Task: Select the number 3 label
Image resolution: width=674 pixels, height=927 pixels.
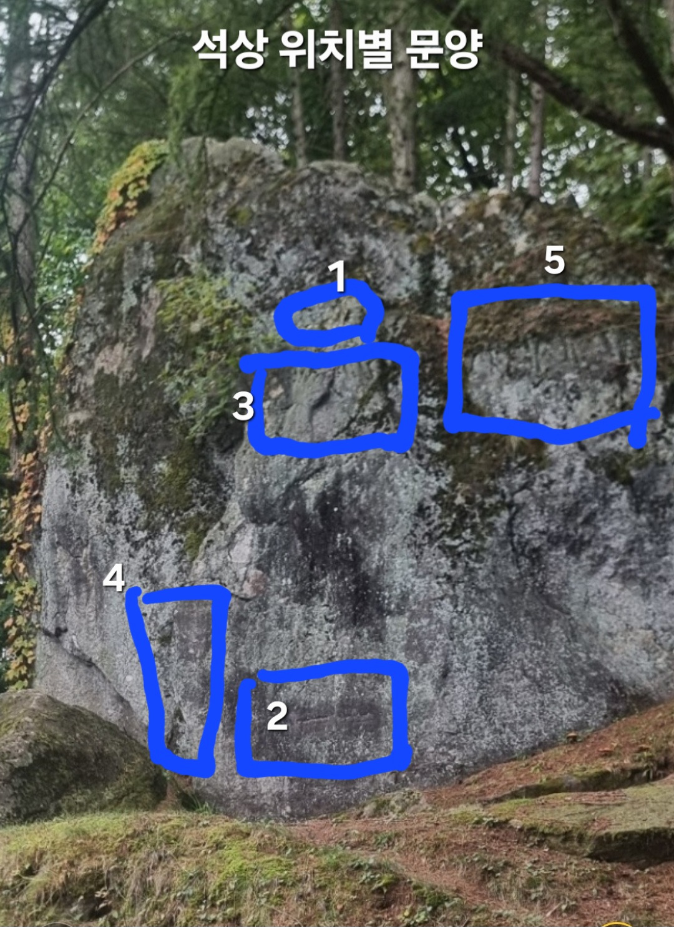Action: click(243, 406)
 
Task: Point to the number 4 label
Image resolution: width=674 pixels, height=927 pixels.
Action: click(114, 579)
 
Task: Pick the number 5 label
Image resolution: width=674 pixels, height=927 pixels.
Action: click(554, 261)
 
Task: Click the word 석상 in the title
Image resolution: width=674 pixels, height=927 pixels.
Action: click(229, 51)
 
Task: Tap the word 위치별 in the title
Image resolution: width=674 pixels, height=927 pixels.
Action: click(335, 51)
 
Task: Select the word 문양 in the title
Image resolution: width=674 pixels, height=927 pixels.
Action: click(441, 51)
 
